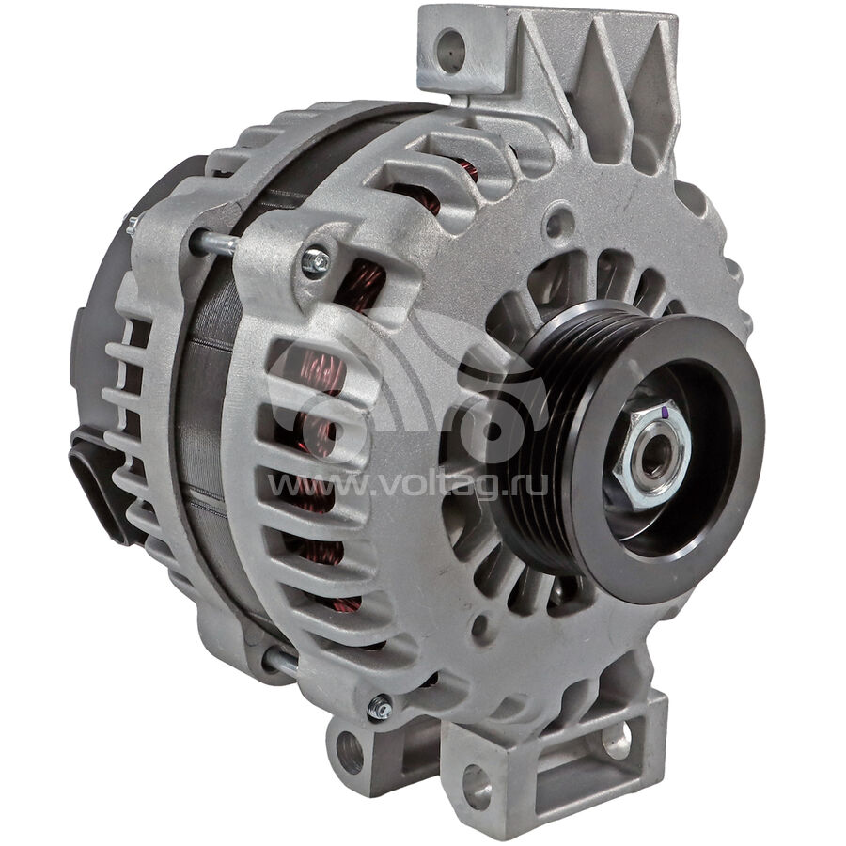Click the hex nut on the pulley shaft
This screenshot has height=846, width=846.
point(652,454)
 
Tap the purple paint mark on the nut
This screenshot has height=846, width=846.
point(666,413)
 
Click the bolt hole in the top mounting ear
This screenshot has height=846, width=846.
point(451,50)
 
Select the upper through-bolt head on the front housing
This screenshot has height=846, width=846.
point(316,261)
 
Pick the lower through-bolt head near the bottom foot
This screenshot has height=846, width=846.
point(380,707)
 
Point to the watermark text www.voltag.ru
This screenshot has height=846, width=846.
point(408,486)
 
